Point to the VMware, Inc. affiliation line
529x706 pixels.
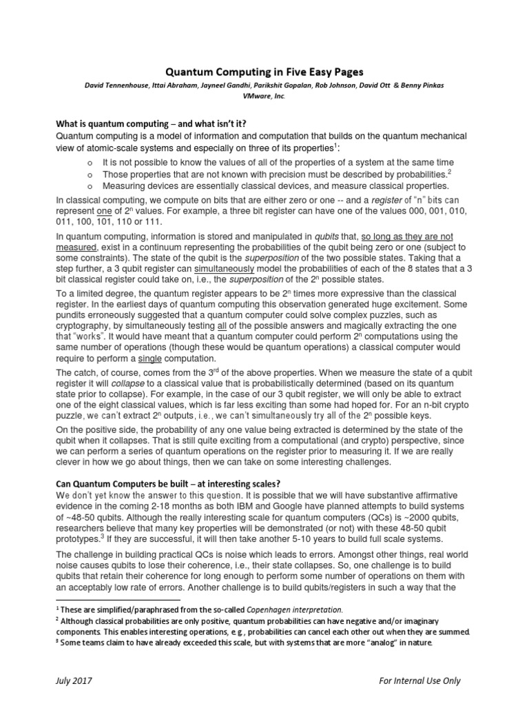264,97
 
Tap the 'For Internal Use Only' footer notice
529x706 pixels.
419,681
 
